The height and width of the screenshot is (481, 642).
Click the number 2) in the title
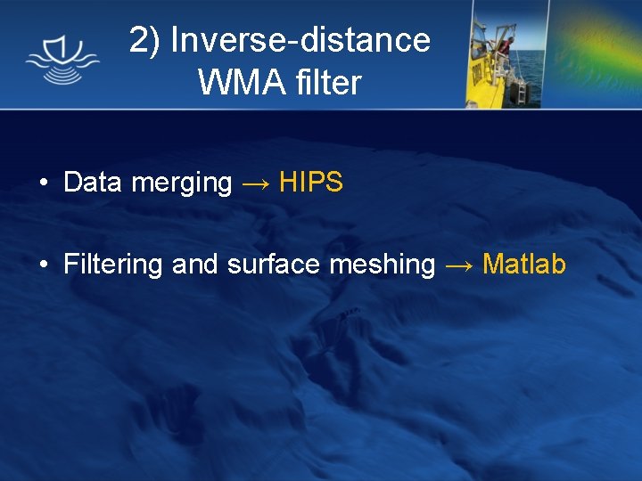[x=145, y=40]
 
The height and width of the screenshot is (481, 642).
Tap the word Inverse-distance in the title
[x=300, y=40]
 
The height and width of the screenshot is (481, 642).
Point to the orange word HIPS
[x=311, y=183]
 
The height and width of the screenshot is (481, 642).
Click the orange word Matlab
[x=524, y=265]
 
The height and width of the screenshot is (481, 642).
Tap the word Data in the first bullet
[x=93, y=183]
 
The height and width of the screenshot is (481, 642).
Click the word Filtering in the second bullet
[x=113, y=265]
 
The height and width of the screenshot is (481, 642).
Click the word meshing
[x=383, y=265]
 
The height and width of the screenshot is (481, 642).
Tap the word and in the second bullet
[x=194, y=265]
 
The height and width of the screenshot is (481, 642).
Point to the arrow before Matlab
[x=459, y=265]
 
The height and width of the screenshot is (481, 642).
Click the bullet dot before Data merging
[x=43, y=183]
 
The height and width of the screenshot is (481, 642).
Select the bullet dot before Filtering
[x=43, y=265]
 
